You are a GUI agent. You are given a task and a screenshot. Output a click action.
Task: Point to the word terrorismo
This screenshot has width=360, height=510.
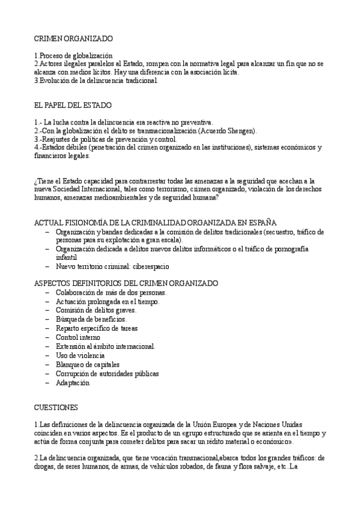click(164, 188)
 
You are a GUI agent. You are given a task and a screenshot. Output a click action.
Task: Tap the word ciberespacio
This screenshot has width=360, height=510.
click(148, 266)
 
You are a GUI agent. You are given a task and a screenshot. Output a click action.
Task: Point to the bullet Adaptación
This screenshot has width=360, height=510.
click(72, 382)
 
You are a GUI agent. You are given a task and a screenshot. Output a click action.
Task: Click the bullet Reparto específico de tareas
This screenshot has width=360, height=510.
click(96, 328)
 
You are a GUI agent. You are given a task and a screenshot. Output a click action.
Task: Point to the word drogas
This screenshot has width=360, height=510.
click(45, 466)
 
